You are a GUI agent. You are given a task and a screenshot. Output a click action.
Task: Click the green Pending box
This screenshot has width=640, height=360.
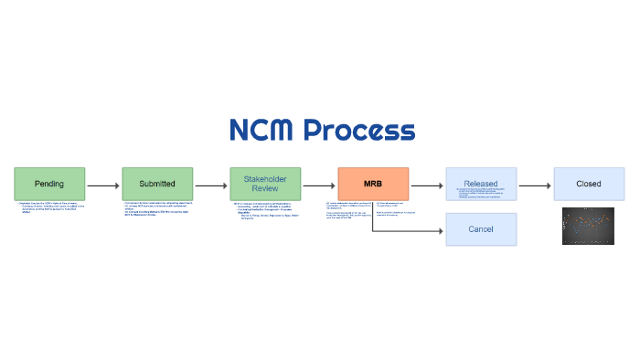(49, 184)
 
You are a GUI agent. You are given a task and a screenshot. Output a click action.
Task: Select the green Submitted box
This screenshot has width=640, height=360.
(157, 184)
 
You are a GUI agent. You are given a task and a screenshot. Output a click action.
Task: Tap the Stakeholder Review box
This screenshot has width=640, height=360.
(265, 184)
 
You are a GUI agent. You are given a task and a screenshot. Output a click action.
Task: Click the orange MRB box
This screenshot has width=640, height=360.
(373, 184)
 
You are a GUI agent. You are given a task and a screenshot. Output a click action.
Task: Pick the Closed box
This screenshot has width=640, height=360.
(589, 184)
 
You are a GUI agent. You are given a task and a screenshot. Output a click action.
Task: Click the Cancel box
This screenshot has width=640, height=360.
(481, 229)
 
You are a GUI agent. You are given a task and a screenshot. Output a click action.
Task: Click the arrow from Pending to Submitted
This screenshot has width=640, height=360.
(103, 185)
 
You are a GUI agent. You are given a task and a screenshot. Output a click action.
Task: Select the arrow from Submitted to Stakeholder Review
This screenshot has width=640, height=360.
(211, 185)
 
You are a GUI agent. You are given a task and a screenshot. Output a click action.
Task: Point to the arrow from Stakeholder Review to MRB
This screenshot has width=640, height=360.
(319, 185)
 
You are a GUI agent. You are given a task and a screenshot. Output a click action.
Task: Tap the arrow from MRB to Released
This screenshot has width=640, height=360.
(427, 185)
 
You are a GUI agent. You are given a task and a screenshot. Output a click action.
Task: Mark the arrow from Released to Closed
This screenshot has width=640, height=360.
(535, 185)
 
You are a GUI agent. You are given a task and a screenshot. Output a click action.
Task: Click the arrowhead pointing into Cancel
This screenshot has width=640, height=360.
(441, 230)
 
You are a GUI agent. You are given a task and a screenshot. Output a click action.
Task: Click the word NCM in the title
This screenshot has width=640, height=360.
(261, 131)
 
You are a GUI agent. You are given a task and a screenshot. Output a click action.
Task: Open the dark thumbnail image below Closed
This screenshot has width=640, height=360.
(589, 226)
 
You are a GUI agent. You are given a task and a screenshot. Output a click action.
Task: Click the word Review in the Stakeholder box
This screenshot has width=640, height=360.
(265, 189)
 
